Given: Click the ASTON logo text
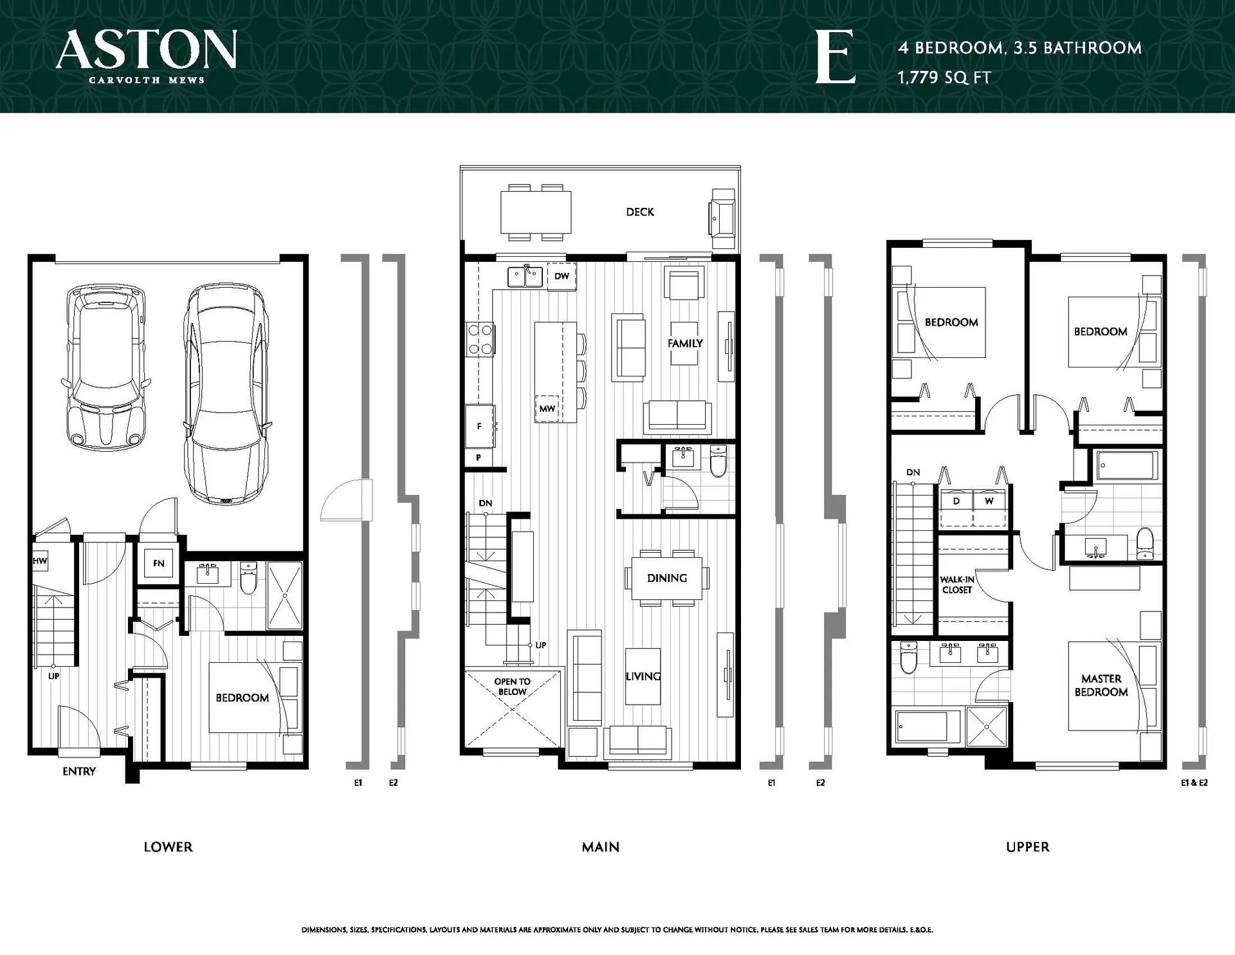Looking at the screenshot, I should click(x=147, y=50).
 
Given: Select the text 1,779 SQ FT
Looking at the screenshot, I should click(x=944, y=78).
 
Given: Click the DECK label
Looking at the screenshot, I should click(x=639, y=212).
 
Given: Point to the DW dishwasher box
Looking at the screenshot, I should click(x=562, y=276).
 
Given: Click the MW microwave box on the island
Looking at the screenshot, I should click(x=547, y=409).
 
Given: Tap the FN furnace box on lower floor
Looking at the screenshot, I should click(x=158, y=564).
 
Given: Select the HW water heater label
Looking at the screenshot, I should click(x=40, y=561).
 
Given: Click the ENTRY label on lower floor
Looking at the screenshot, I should click(x=79, y=771).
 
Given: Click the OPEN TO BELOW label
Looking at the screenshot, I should click(x=512, y=687).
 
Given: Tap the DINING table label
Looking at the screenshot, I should click(x=667, y=578).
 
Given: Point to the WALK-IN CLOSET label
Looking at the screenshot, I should click(x=957, y=584).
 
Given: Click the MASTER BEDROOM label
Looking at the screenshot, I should click(x=1101, y=685).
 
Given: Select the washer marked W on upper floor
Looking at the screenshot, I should click(x=989, y=501).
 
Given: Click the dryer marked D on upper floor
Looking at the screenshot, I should click(x=956, y=501).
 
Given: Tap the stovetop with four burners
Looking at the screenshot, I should click(x=480, y=340).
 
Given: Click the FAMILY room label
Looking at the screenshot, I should click(x=685, y=343).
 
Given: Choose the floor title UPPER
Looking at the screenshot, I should click(x=1027, y=847).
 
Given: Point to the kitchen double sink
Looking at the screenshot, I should click(x=526, y=277).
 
